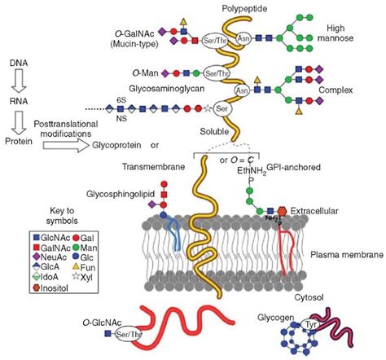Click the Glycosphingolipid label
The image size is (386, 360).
click(94, 196)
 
